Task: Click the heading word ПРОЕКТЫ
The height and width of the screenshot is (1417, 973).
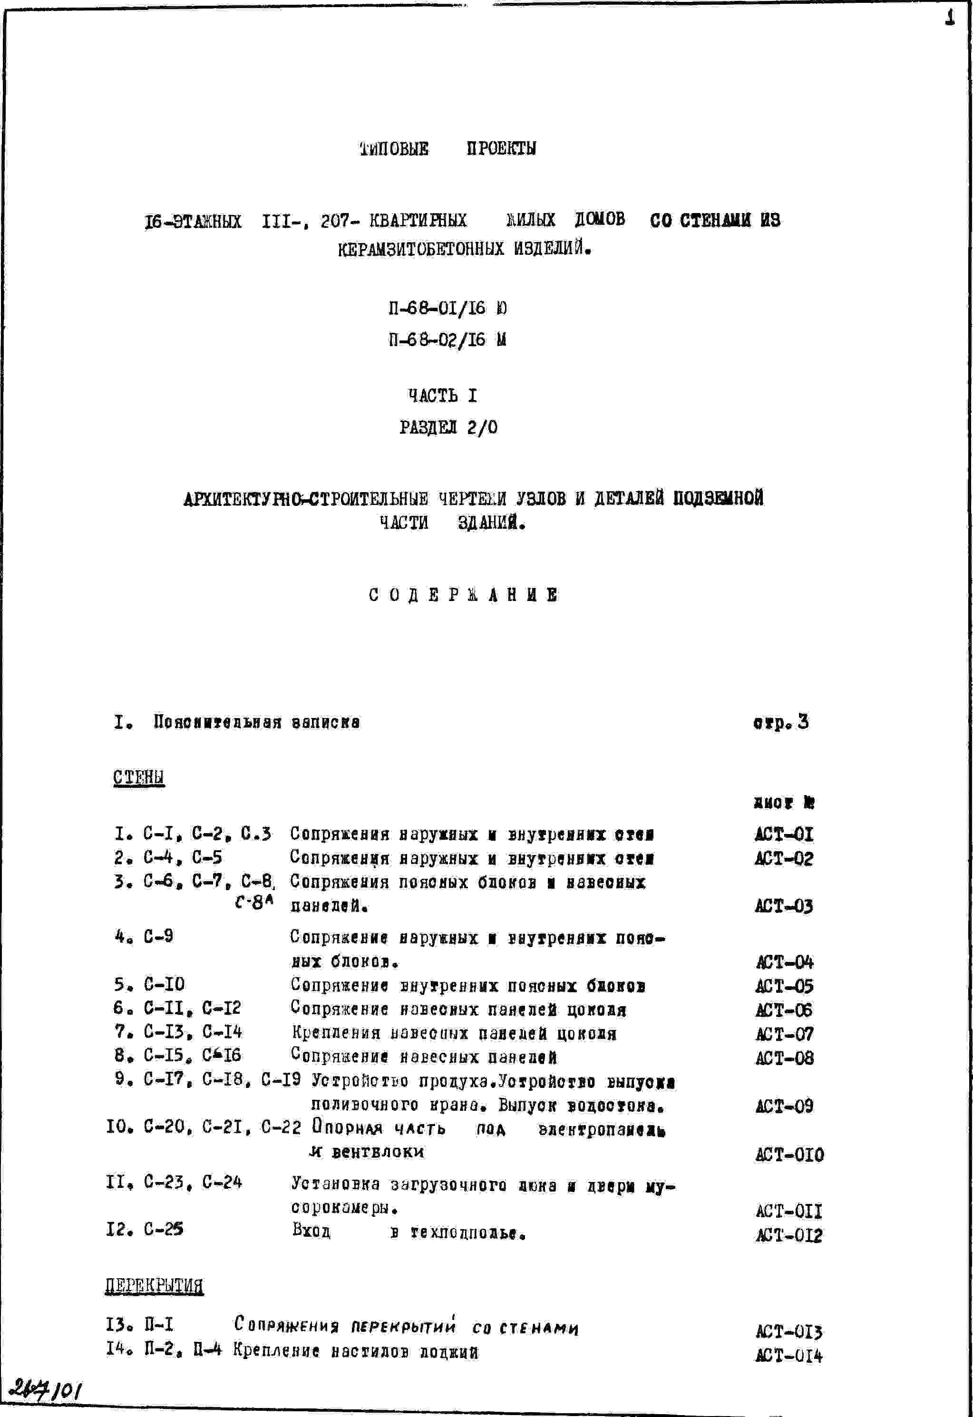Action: pyautogui.click(x=501, y=148)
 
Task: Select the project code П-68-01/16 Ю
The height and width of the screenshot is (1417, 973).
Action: pyautogui.click(x=448, y=309)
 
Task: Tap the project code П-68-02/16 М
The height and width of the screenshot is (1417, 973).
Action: pyautogui.click(x=448, y=340)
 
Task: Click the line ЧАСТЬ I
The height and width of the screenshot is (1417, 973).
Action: pyautogui.click(x=443, y=396)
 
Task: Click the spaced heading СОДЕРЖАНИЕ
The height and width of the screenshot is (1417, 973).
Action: pyautogui.click(x=463, y=594)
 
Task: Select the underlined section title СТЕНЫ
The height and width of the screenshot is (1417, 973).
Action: pyautogui.click(x=138, y=777)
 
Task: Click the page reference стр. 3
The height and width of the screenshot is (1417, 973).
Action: pyautogui.click(x=781, y=722)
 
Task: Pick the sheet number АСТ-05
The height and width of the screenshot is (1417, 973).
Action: pyautogui.click(x=784, y=986)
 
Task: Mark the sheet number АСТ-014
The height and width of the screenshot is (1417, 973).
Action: pyautogui.click(x=789, y=1355)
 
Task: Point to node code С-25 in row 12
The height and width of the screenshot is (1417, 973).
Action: pyautogui.click(x=164, y=1229)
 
